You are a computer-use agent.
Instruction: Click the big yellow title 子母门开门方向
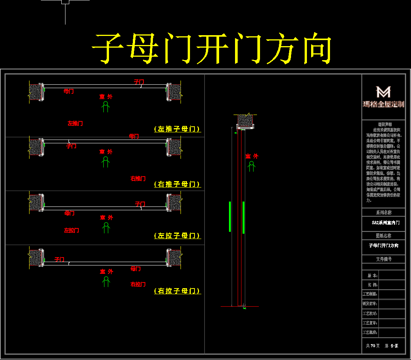(212, 48)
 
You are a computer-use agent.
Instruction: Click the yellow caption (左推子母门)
(177, 129)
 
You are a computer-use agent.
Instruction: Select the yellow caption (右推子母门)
(177, 184)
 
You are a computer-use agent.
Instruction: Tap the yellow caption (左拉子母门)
(177, 236)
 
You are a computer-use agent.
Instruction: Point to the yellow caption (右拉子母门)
(177, 291)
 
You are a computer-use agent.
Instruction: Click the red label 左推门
(75, 123)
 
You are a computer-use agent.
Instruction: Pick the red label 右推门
(138, 178)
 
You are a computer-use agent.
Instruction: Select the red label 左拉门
(72, 230)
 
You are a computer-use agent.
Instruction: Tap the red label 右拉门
(138, 284)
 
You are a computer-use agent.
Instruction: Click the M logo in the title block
(383, 92)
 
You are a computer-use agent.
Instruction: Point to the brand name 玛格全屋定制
(383, 104)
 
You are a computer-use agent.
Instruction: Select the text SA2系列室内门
(384, 223)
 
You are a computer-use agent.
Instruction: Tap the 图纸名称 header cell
(384, 236)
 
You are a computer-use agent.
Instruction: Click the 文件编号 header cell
(384, 259)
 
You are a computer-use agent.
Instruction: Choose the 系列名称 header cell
(384, 213)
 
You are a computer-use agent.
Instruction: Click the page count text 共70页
(373, 346)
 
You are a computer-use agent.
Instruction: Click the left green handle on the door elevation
(230, 217)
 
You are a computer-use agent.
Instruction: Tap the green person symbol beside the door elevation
(251, 166)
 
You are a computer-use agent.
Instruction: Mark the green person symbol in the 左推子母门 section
(106, 107)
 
